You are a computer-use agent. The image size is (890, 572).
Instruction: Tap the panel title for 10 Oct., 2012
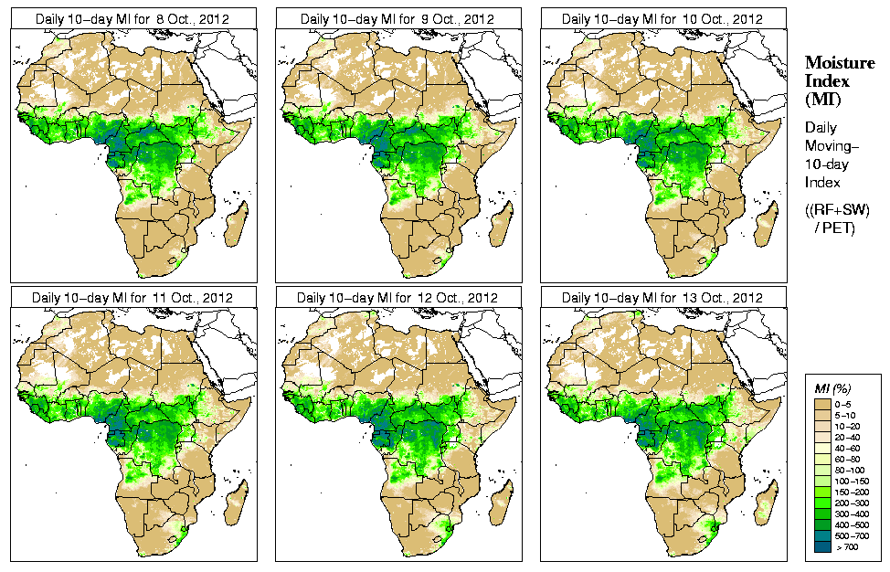[x=662, y=18]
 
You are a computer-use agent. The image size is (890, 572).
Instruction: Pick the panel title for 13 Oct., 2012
[x=662, y=298]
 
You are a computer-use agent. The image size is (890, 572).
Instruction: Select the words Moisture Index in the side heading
[x=827, y=71]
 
